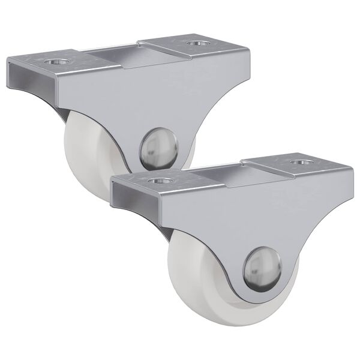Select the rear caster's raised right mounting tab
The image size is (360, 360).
coord(180,48)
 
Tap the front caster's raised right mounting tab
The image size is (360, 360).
coord(282,168)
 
